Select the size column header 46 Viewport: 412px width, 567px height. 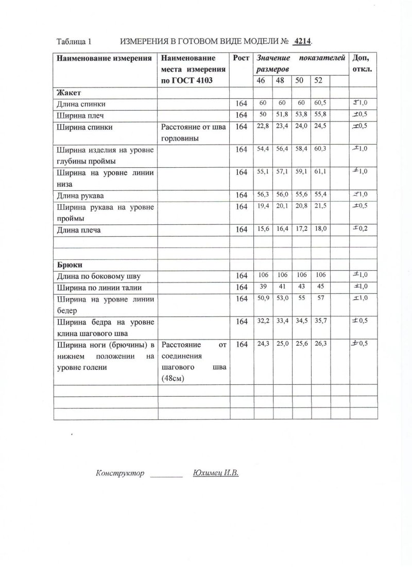pos(261,81)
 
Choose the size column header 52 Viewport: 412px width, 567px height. pos(318,81)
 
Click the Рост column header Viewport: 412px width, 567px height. pos(241,58)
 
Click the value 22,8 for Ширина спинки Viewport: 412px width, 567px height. pos(262,126)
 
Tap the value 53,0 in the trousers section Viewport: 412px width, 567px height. pos(281,298)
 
